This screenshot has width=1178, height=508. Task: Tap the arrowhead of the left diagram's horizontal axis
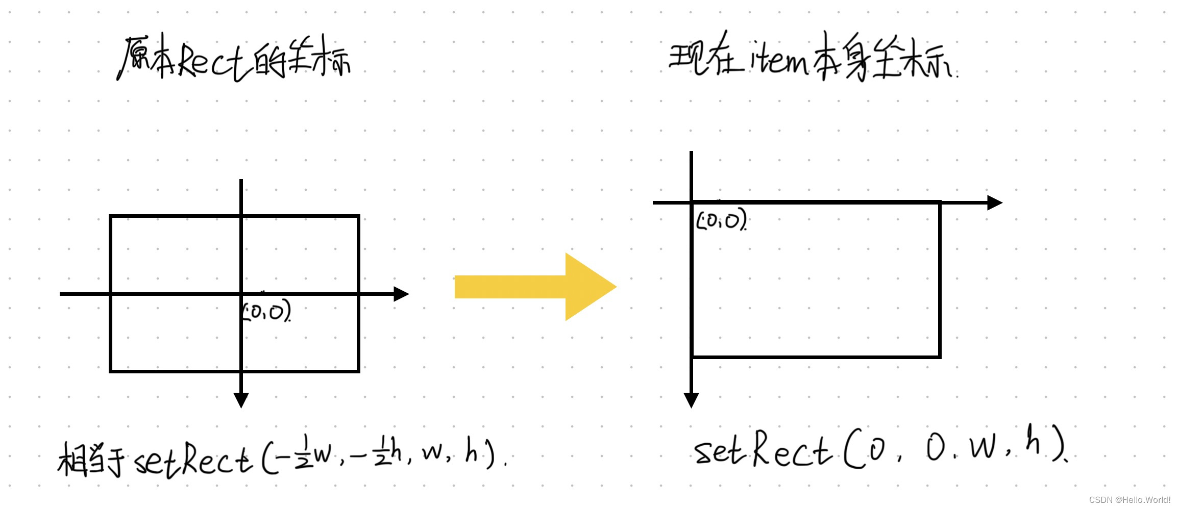(402, 294)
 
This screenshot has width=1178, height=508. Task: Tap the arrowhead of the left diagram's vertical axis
(241, 400)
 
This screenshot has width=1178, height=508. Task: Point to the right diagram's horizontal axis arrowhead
(995, 202)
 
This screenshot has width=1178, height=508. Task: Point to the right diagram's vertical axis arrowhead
(691, 400)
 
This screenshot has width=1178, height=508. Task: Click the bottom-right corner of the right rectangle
(939, 357)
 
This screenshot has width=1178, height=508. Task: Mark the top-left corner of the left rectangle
(111, 216)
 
